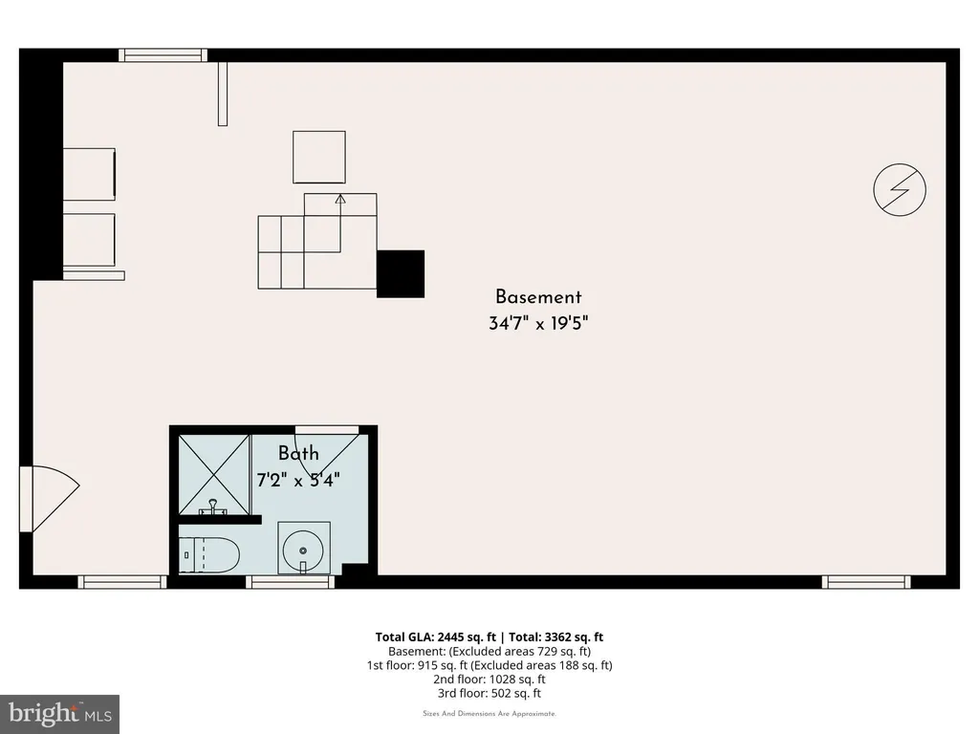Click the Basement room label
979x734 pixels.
pyautogui.click(x=538, y=297)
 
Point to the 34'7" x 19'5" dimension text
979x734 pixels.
pyautogui.click(x=538, y=323)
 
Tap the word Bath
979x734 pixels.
pyautogui.click(x=298, y=453)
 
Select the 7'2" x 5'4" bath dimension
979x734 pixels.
pyautogui.click(x=298, y=480)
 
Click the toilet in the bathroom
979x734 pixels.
pyautogui.click(x=209, y=554)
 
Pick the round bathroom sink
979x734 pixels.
pyautogui.click(x=303, y=550)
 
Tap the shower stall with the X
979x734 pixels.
pyautogui.click(x=214, y=475)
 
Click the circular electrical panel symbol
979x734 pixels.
pyautogui.click(x=900, y=190)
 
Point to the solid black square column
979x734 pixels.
pyautogui.click(x=401, y=274)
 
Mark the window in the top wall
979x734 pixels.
pyautogui.click(x=163, y=55)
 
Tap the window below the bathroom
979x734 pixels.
pyautogui.click(x=290, y=582)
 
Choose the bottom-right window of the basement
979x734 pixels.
pyautogui.click(x=866, y=582)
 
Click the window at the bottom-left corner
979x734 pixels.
pyautogui.click(x=122, y=582)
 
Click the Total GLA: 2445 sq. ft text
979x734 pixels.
pyautogui.click(x=435, y=637)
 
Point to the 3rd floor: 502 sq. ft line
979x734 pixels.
pyautogui.click(x=489, y=694)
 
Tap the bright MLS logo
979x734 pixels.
pyautogui.click(x=60, y=714)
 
